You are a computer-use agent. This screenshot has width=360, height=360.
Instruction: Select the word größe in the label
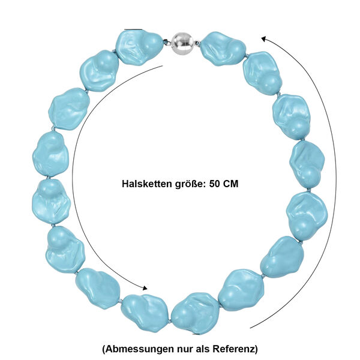pyautogui.click(x=190, y=184)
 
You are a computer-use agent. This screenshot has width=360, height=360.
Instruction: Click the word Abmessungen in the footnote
pyautogui.click(x=140, y=349)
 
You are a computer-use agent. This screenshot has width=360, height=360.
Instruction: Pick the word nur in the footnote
pyautogui.click(x=185, y=350)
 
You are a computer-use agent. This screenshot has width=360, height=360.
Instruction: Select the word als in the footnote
pyautogui.click(x=203, y=349)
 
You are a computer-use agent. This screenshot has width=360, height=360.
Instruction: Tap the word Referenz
pyautogui.click(x=233, y=349)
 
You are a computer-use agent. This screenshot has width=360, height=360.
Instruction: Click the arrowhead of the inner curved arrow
pyautogui.click(x=145, y=288)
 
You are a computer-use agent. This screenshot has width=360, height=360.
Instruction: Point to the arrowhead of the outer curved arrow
pyautogui.click(x=265, y=38)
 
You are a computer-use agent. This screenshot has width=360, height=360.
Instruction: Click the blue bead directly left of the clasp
pyautogui.click(x=139, y=48)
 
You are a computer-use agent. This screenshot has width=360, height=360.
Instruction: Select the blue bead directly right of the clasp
pyautogui.click(x=223, y=49)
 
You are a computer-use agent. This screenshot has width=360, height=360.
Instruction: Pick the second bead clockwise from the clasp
pyautogui.click(x=262, y=73)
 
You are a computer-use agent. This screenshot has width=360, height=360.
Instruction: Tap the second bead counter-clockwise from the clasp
pyautogui.click(x=99, y=71)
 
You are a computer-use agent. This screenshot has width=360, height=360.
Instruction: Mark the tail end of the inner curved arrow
pyautogui.click(x=163, y=66)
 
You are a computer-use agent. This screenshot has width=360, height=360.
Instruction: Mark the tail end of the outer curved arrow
pyautogui.click(x=250, y=328)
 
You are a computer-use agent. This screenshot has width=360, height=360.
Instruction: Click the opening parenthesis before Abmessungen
pyautogui.click(x=104, y=350)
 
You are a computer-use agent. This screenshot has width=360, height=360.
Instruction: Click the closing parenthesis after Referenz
pyautogui.click(x=256, y=350)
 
